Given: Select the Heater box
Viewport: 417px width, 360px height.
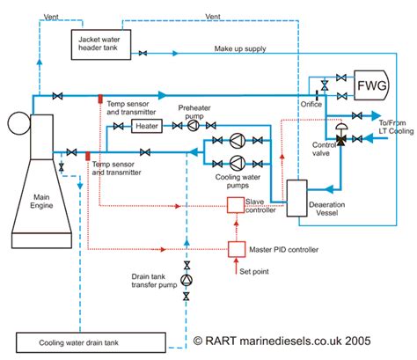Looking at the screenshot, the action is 147,126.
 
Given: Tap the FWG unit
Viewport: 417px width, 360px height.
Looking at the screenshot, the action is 371,85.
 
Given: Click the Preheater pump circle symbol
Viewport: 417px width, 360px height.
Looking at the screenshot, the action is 194,126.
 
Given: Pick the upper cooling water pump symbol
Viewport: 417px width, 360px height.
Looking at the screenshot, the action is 238,141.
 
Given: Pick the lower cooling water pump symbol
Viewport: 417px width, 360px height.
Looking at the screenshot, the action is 238,164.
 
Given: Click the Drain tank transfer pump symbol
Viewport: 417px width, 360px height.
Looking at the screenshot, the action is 187,280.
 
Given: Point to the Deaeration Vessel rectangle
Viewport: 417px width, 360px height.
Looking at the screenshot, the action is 296,198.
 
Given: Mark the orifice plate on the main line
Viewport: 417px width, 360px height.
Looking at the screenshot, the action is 317,95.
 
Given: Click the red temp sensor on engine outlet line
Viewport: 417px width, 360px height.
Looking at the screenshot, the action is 100,99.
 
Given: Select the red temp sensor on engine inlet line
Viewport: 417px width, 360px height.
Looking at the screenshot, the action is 87,156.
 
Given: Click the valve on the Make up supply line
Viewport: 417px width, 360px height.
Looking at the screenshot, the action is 143,54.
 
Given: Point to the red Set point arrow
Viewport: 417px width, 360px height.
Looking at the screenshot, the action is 237,266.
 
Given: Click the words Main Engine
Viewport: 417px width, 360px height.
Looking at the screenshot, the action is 41,202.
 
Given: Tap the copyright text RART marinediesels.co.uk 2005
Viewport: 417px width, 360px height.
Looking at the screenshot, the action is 282,341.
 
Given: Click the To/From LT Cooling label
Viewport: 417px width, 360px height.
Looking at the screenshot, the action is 396,127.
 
